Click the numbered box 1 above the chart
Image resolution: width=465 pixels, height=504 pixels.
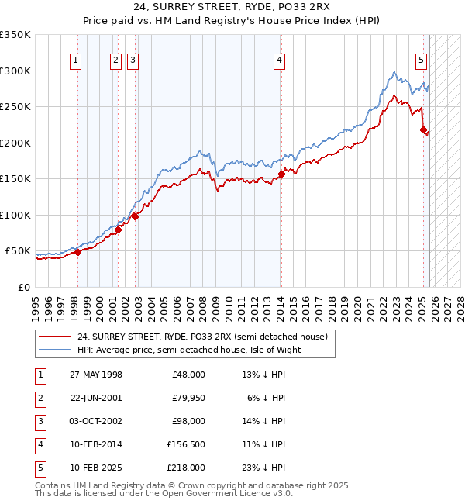tap(76, 60)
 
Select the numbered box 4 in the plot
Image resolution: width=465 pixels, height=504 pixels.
tap(278, 60)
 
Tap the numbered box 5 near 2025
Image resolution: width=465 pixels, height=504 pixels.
tap(421, 60)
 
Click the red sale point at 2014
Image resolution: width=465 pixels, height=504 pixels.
tap(281, 174)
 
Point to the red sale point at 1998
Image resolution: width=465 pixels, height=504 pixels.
tap(77, 252)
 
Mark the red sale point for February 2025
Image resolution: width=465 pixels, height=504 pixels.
tap(423, 130)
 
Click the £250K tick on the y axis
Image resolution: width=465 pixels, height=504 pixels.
tap(15, 107)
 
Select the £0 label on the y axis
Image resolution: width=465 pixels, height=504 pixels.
tap(23, 288)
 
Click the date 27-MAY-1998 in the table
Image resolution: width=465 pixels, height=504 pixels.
tap(95, 375)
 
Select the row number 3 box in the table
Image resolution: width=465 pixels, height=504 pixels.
tap(40, 421)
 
